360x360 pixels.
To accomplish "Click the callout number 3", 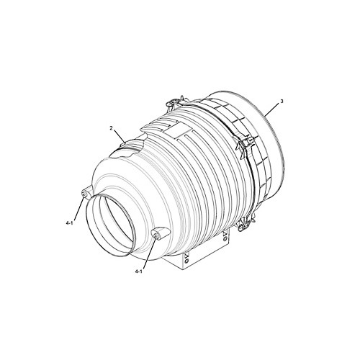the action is click(282, 102).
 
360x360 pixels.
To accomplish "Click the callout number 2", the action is click(111, 128).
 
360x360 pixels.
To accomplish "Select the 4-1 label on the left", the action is click(69, 223).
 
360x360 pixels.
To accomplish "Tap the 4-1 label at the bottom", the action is click(139, 271).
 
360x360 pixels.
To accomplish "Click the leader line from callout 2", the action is click(120, 136).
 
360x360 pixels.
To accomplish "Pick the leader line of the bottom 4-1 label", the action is click(149, 253).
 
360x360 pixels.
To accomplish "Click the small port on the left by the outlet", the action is click(85, 194).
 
